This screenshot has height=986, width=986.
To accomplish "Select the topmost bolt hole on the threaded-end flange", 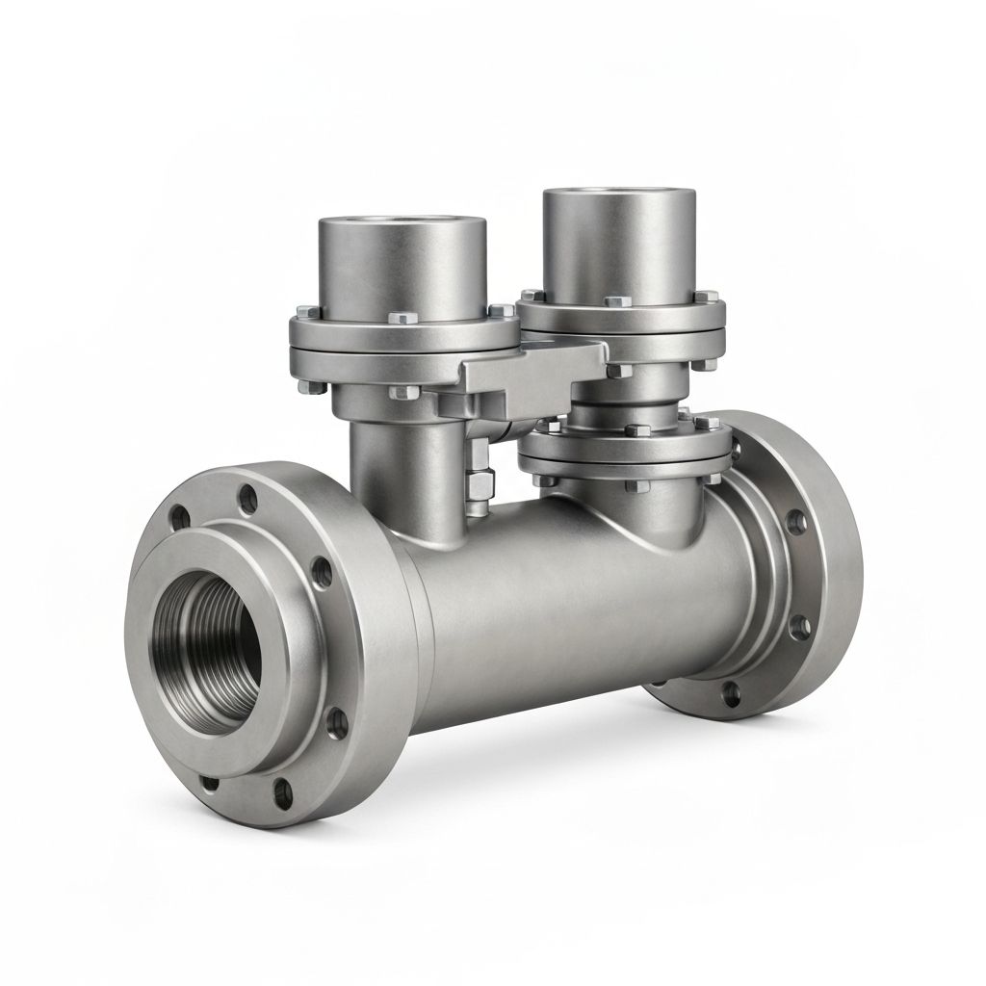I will [249, 498].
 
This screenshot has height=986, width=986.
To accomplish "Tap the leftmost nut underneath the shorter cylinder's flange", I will [306, 388].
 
